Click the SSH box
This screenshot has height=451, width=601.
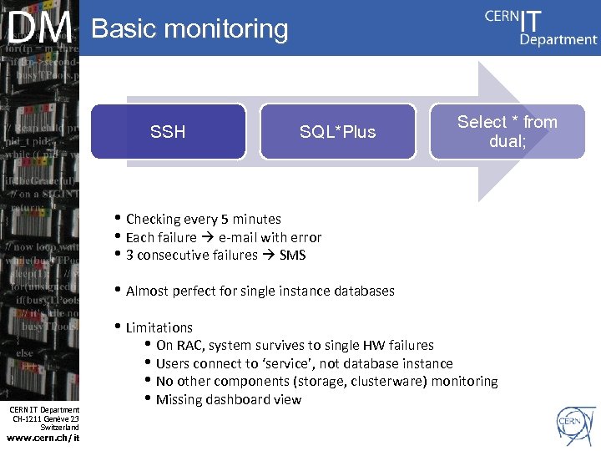point(168,131)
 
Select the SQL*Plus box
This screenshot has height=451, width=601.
point(337,131)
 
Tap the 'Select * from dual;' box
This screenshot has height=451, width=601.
point(507,131)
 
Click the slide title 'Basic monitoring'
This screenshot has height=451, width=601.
point(189,29)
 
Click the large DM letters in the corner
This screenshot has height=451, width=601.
point(40,29)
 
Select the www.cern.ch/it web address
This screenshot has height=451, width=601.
point(43,438)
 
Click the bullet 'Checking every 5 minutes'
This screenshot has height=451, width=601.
point(203,220)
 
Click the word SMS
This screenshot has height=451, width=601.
point(292,256)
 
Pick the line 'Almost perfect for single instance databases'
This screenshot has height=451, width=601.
point(260,291)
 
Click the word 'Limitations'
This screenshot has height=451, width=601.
point(159,327)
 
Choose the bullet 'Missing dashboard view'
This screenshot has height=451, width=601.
point(228,400)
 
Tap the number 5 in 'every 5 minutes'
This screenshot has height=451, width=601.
point(225,220)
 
